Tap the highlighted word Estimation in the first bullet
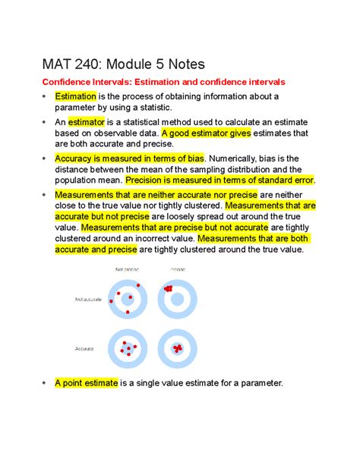75,96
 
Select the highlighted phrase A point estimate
86,383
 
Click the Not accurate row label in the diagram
87,299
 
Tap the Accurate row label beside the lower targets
84,348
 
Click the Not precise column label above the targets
127,269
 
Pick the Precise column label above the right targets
176,269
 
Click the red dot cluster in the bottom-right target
178,348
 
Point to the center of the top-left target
127,299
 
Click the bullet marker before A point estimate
43,383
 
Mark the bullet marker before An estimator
43,121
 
